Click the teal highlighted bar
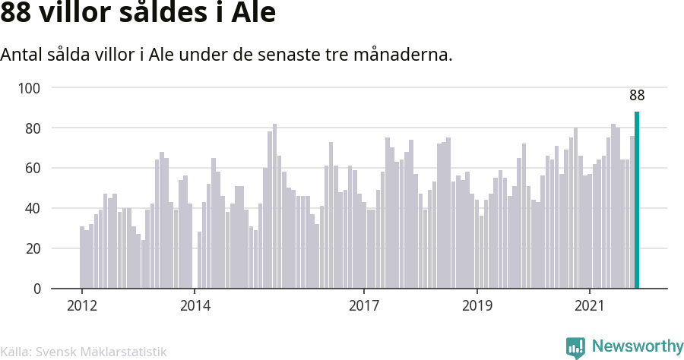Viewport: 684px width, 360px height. click(x=637, y=200)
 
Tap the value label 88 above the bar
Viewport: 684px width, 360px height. click(x=637, y=95)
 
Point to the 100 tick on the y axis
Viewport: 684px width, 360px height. click(x=29, y=88)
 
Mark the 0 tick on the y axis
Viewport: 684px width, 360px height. click(x=36, y=289)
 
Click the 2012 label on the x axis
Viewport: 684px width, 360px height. click(x=82, y=305)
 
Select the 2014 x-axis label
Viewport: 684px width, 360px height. click(x=195, y=305)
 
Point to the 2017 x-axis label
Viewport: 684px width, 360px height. click(x=364, y=305)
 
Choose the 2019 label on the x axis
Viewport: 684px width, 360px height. click(x=477, y=305)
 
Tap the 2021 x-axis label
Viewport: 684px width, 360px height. click(x=590, y=305)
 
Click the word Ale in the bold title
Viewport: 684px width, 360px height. click(x=253, y=12)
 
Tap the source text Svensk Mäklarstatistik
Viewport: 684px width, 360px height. click(x=101, y=352)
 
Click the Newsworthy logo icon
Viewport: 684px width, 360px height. click(x=575, y=347)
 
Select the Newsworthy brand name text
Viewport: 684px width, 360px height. click(x=638, y=346)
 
